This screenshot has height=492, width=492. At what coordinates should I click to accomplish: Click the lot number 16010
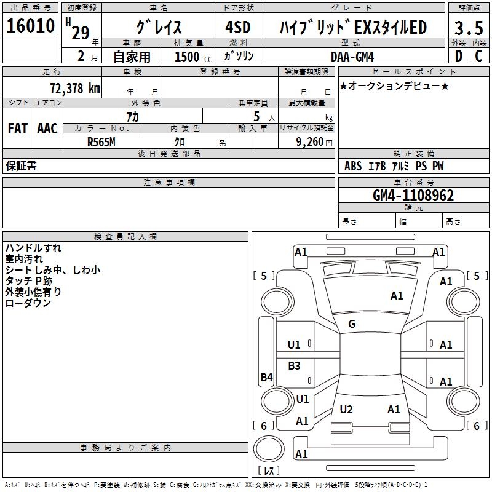tap(30, 26)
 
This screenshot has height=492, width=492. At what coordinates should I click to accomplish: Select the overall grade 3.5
tap(469, 28)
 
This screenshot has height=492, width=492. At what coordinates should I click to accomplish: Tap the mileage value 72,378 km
tap(75, 89)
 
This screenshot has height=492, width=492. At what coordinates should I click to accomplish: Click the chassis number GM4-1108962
tap(413, 196)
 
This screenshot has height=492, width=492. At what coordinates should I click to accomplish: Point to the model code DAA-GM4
tap(352, 57)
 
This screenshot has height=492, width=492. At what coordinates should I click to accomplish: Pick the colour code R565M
tap(101, 142)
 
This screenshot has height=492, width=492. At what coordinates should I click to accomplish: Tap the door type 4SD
tap(238, 27)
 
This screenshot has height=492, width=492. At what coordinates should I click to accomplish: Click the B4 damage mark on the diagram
tap(267, 377)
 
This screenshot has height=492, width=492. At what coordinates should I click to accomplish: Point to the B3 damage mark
tap(294, 365)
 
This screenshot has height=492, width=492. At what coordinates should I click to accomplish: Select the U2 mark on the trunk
tap(346, 409)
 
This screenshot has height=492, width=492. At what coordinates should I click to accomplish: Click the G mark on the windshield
tap(352, 324)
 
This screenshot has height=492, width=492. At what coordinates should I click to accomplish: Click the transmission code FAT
tap(18, 129)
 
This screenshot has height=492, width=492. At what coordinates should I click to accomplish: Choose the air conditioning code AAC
tap(47, 129)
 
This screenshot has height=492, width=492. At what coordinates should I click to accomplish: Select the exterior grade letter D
tap(459, 56)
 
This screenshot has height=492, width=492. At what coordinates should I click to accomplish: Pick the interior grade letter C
tap(478, 56)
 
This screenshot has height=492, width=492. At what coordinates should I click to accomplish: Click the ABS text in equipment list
tap(353, 166)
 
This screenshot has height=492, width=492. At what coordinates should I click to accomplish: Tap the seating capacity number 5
tap(256, 116)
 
